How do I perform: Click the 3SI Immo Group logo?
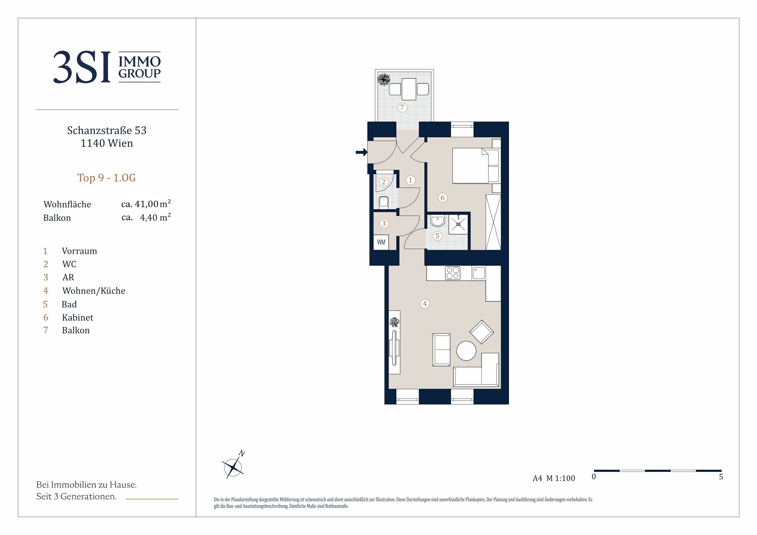(107, 67)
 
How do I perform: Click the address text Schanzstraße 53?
(107, 131)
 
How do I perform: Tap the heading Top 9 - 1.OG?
(106, 178)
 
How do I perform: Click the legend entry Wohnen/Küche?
(94, 291)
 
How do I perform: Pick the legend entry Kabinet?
(78, 318)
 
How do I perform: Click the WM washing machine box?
(381, 242)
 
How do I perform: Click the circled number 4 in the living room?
(425, 303)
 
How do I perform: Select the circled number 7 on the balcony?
(402, 107)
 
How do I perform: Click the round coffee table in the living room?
(466, 350)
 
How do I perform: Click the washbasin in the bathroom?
(438, 221)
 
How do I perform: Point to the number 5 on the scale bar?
(721, 477)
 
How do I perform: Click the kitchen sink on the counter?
(479, 273)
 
